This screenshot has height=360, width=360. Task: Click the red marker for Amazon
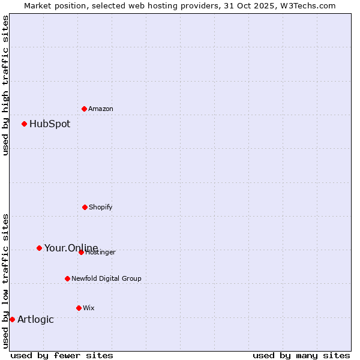84,109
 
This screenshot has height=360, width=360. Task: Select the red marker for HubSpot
24,124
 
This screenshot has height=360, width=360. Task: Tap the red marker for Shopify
85,207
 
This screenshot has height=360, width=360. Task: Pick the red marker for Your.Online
39,248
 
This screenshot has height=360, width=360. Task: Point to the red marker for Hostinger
81,252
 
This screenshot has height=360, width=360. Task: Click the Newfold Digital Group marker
67,278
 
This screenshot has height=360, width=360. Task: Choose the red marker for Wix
79,308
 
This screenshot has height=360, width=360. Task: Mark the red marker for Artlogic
12,319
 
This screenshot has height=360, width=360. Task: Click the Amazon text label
101,109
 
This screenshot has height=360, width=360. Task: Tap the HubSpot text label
50,124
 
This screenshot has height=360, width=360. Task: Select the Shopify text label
101,207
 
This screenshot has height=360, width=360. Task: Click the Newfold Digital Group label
106,278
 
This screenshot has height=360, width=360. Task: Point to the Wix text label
89,308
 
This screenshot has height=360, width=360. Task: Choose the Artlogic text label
35,320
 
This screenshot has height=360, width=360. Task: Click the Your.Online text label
71,248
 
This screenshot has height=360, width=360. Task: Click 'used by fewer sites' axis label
62,355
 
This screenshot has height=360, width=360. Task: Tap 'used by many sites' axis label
301,355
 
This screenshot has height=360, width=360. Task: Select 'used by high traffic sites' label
5,85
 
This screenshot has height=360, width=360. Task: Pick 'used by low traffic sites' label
5,281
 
